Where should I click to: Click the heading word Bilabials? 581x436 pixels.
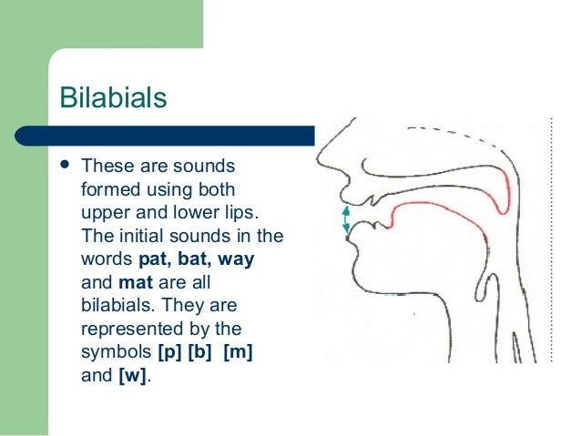(x=113, y=96)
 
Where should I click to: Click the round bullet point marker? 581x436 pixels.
(x=64, y=167)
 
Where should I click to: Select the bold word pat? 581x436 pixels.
(x=154, y=259)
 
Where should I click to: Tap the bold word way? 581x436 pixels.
(x=235, y=259)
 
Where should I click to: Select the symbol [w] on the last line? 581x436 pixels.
(x=131, y=373)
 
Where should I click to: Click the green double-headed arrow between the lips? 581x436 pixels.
(x=346, y=221)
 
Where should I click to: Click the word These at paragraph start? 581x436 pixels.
(x=104, y=167)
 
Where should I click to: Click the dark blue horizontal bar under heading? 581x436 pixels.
(x=182, y=137)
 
